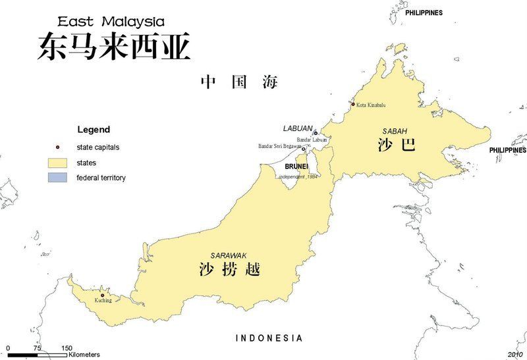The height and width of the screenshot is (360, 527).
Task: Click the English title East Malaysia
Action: point(111,22)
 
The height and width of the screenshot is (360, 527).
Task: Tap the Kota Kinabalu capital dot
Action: point(353,104)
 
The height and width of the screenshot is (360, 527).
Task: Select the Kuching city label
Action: point(103,301)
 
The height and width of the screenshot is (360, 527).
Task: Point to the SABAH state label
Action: point(395,131)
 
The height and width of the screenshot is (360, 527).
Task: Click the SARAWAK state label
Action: point(227,255)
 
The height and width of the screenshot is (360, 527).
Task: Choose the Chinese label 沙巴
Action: point(397,145)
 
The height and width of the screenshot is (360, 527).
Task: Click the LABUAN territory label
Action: point(298,128)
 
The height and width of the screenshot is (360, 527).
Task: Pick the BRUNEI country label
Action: point(296,167)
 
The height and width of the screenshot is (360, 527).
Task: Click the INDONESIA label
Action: point(269,338)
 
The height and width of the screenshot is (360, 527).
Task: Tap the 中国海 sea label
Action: point(239,82)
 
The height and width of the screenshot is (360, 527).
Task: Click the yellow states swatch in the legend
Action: point(58,163)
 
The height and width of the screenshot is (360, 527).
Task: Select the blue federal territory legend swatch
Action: point(58,178)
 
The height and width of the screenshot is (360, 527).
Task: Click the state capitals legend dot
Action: point(58,147)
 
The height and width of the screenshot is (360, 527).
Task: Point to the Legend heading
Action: point(94,130)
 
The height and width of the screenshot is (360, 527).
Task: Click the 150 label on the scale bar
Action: point(67,348)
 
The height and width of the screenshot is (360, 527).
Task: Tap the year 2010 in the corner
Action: point(514,354)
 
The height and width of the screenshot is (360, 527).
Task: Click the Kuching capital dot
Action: point(102,295)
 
